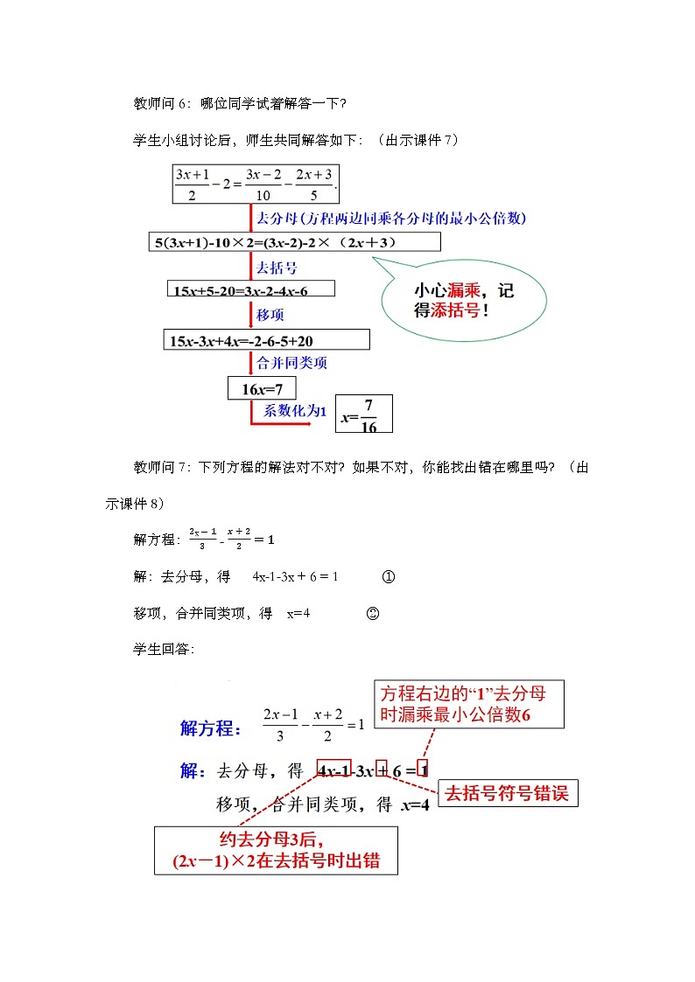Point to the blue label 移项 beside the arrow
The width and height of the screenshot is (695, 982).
(x=270, y=314)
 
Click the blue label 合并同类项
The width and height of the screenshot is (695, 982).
(x=291, y=361)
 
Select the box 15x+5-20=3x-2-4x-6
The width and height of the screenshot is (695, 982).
(x=249, y=289)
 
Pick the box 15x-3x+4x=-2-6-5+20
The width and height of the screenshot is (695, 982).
(x=266, y=339)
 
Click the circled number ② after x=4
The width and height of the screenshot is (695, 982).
(x=372, y=614)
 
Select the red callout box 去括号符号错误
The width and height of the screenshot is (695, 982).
(x=507, y=793)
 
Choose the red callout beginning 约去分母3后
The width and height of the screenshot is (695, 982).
(x=276, y=850)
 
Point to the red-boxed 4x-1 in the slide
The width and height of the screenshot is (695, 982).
(x=334, y=770)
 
